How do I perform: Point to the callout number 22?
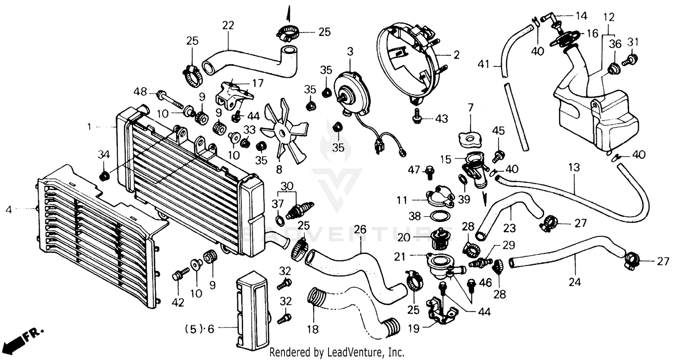coord(228,26)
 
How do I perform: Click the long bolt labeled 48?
coord(171,99)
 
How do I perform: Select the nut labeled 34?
coord(104,176)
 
